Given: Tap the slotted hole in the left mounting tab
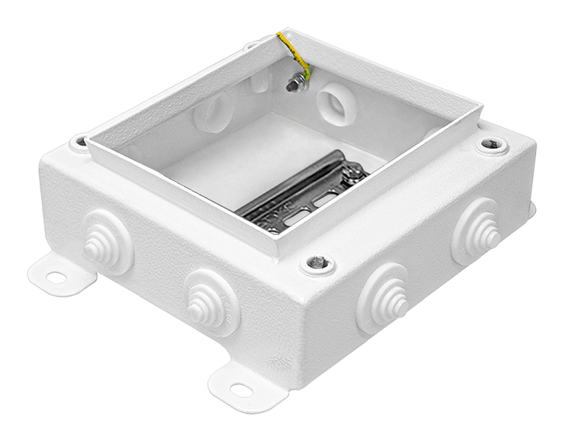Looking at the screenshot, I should tap(54, 278).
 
